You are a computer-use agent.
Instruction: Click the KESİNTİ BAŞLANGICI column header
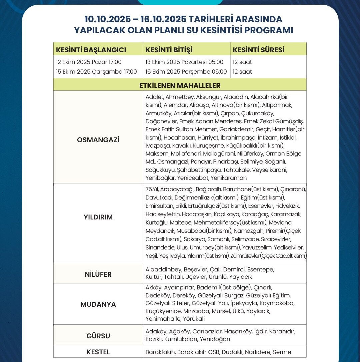point(91,50)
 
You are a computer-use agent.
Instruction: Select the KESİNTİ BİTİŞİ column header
point(169,50)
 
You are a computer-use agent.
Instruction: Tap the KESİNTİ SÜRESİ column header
point(258,50)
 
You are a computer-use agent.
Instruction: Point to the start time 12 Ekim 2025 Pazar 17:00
point(89,62)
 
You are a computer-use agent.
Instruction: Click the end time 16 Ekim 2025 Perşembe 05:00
point(186,72)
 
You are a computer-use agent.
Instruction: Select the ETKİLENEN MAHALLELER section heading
point(180,85)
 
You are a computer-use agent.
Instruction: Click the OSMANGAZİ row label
point(98,140)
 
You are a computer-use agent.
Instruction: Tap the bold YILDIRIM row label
point(98,217)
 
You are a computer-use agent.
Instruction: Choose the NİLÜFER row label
point(98,275)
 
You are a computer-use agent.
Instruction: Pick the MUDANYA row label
point(98,304)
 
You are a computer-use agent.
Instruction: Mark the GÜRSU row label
point(98,336)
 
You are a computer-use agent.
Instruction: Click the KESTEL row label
point(98,352)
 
